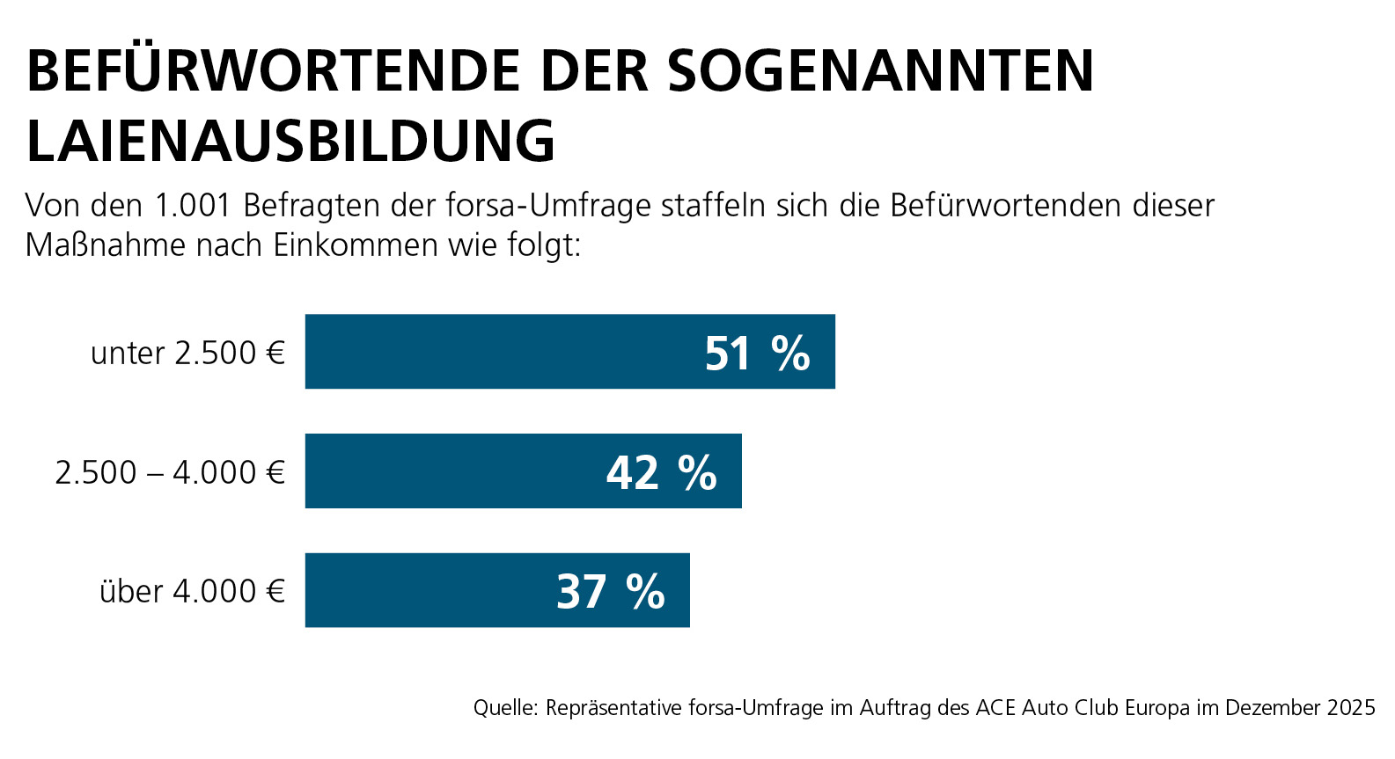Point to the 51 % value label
click(757, 354)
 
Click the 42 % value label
click(661, 473)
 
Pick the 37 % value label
click(610, 592)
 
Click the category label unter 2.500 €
click(188, 354)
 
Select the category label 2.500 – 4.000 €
click(170, 473)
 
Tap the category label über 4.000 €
click(192, 592)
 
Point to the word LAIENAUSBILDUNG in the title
click(291, 141)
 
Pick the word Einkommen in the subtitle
click(356, 245)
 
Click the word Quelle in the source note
click(504, 708)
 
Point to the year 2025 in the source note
click(1352, 708)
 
